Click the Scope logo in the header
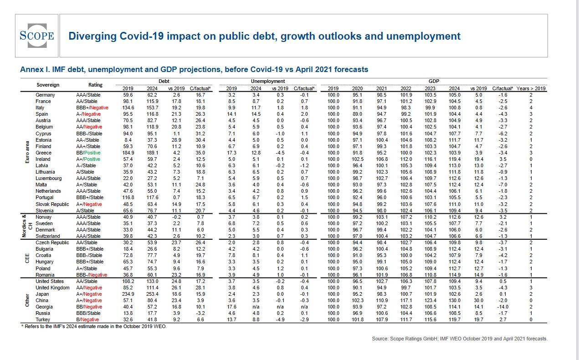[36, 36]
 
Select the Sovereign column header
[48, 85]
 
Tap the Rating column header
[96, 85]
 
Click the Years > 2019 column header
[531, 88]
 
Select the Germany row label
[45, 95]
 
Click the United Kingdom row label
[52, 288]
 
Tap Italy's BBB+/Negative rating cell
[92, 108]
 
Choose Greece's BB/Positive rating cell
[88, 153]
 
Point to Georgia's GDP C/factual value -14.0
[503, 307]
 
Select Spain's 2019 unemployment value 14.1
[231, 114]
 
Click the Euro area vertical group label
[28, 152]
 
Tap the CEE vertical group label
[28, 259]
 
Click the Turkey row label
[43, 319]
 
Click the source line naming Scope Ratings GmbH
[460, 339]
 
